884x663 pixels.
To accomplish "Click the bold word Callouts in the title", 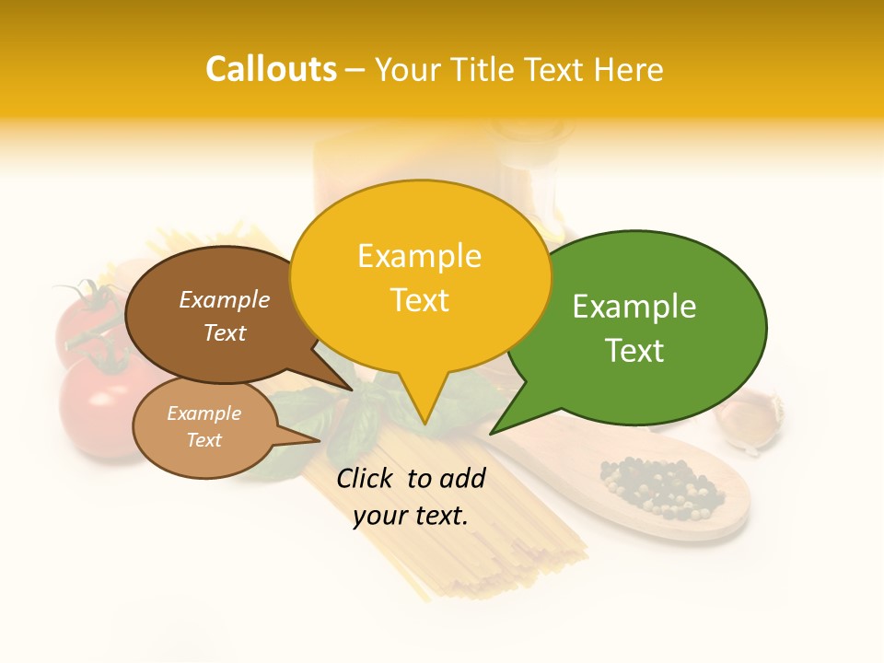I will point(271,69).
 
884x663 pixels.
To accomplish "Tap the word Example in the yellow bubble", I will point(419,256).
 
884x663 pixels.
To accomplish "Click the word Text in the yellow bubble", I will point(419,300).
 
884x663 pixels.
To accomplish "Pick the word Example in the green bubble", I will point(634,307).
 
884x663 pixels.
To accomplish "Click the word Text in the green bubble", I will point(634,351).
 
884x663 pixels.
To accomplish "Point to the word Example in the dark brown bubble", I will point(224,300).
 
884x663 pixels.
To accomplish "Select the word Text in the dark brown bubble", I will point(224,332).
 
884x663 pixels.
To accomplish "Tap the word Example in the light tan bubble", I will point(204,413).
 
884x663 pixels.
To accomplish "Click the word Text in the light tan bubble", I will point(204,440).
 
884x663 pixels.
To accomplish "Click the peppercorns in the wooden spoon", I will point(658,488).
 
